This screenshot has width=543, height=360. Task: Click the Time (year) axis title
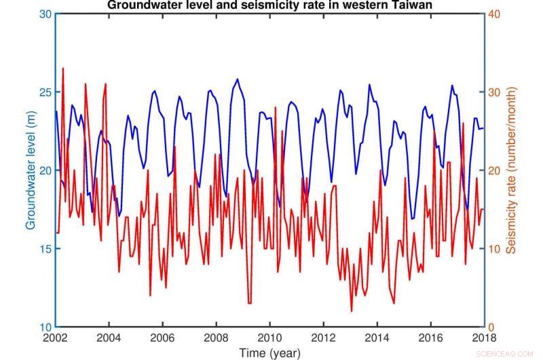(x=269, y=352)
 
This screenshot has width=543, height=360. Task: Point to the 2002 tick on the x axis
(x=56, y=337)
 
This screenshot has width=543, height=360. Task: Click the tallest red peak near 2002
(x=63, y=68)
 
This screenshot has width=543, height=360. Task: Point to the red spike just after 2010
(x=276, y=107)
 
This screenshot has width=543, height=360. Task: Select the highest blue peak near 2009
(x=237, y=79)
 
